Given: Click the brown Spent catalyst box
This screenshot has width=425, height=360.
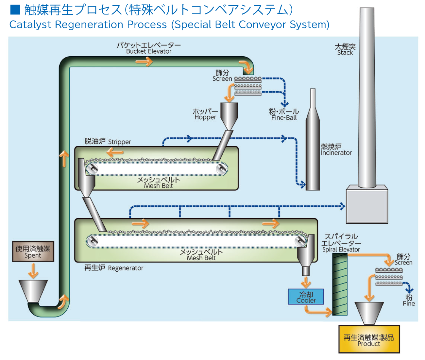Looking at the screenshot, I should pos(33,251).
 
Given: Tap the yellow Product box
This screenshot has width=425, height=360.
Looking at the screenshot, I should pos(369,339).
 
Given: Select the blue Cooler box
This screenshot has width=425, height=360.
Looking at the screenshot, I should pos(306,297).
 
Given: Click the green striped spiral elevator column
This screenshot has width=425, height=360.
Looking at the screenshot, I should pos(340,284).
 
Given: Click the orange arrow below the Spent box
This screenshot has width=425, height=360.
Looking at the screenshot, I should pos(33,271).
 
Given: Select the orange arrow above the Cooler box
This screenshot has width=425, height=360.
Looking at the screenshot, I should pos(306,282).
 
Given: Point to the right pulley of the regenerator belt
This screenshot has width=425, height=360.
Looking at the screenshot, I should pos(300,241).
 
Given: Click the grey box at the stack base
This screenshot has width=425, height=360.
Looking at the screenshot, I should pos(367,204).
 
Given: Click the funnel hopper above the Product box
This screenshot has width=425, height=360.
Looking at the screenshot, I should pos(369,312).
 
